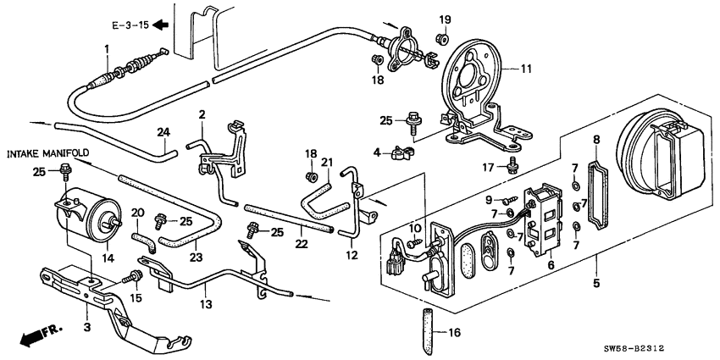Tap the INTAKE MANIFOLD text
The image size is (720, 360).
point(48,153)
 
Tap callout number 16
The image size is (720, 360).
point(452,333)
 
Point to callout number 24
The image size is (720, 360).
point(163,131)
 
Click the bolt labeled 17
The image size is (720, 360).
point(514,166)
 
